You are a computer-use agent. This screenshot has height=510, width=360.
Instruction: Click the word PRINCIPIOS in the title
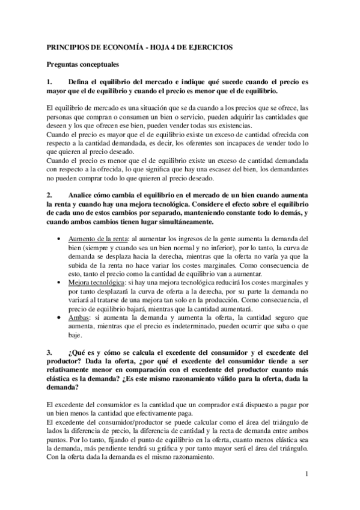click(x=64, y=46)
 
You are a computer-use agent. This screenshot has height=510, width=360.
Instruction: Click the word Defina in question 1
click(x=80, y=82)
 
